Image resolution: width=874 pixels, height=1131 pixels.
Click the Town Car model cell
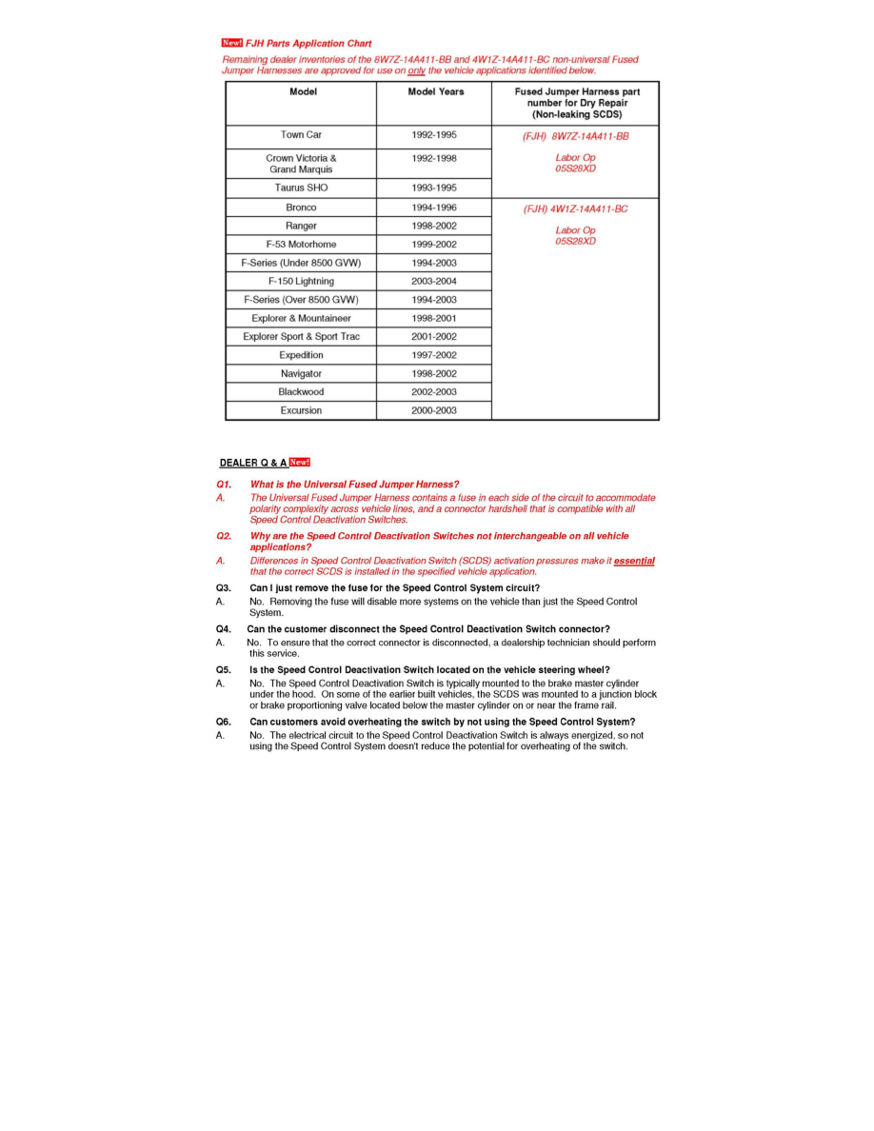point(301,135)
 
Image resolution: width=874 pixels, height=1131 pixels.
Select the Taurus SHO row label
point(301,188)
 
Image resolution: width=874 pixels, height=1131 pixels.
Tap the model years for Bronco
point(433,208)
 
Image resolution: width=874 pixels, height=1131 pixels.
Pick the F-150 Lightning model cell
point(301,282)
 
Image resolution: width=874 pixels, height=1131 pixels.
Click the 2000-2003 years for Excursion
point(433,411)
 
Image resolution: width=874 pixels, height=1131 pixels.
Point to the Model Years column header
point(435,92)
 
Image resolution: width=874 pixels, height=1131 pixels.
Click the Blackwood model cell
point(301,392)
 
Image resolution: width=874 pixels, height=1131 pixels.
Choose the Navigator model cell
point(301,374)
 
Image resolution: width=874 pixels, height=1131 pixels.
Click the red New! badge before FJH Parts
point(231,43)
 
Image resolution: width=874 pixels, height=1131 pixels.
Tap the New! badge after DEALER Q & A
point(300,463)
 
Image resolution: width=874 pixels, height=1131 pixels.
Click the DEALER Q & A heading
point(253,464)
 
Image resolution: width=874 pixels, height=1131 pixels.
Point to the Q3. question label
point(224,588)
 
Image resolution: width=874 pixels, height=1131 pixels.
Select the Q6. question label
point(224,722)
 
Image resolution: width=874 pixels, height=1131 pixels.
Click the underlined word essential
point(634,561)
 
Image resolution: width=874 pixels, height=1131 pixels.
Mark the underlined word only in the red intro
point(416,70)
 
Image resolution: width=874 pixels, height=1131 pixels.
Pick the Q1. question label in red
point(224,485)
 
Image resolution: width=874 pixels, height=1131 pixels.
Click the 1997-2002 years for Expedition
point(433,355)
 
